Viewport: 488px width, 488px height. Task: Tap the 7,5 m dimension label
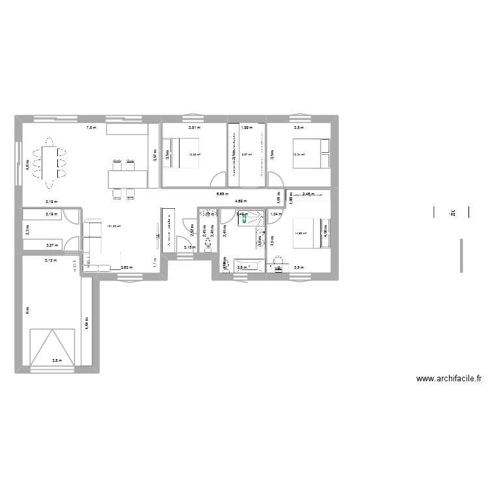[92, 128]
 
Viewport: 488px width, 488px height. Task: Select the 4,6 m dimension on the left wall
[27, 167]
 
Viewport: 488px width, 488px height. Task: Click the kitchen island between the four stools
[128, 175]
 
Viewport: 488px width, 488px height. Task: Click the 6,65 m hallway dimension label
[222, 194]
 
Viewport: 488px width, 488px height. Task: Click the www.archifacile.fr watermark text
[450, 379]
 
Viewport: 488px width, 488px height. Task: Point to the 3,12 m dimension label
[50, 260]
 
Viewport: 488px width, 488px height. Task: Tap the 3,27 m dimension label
[50, 245]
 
